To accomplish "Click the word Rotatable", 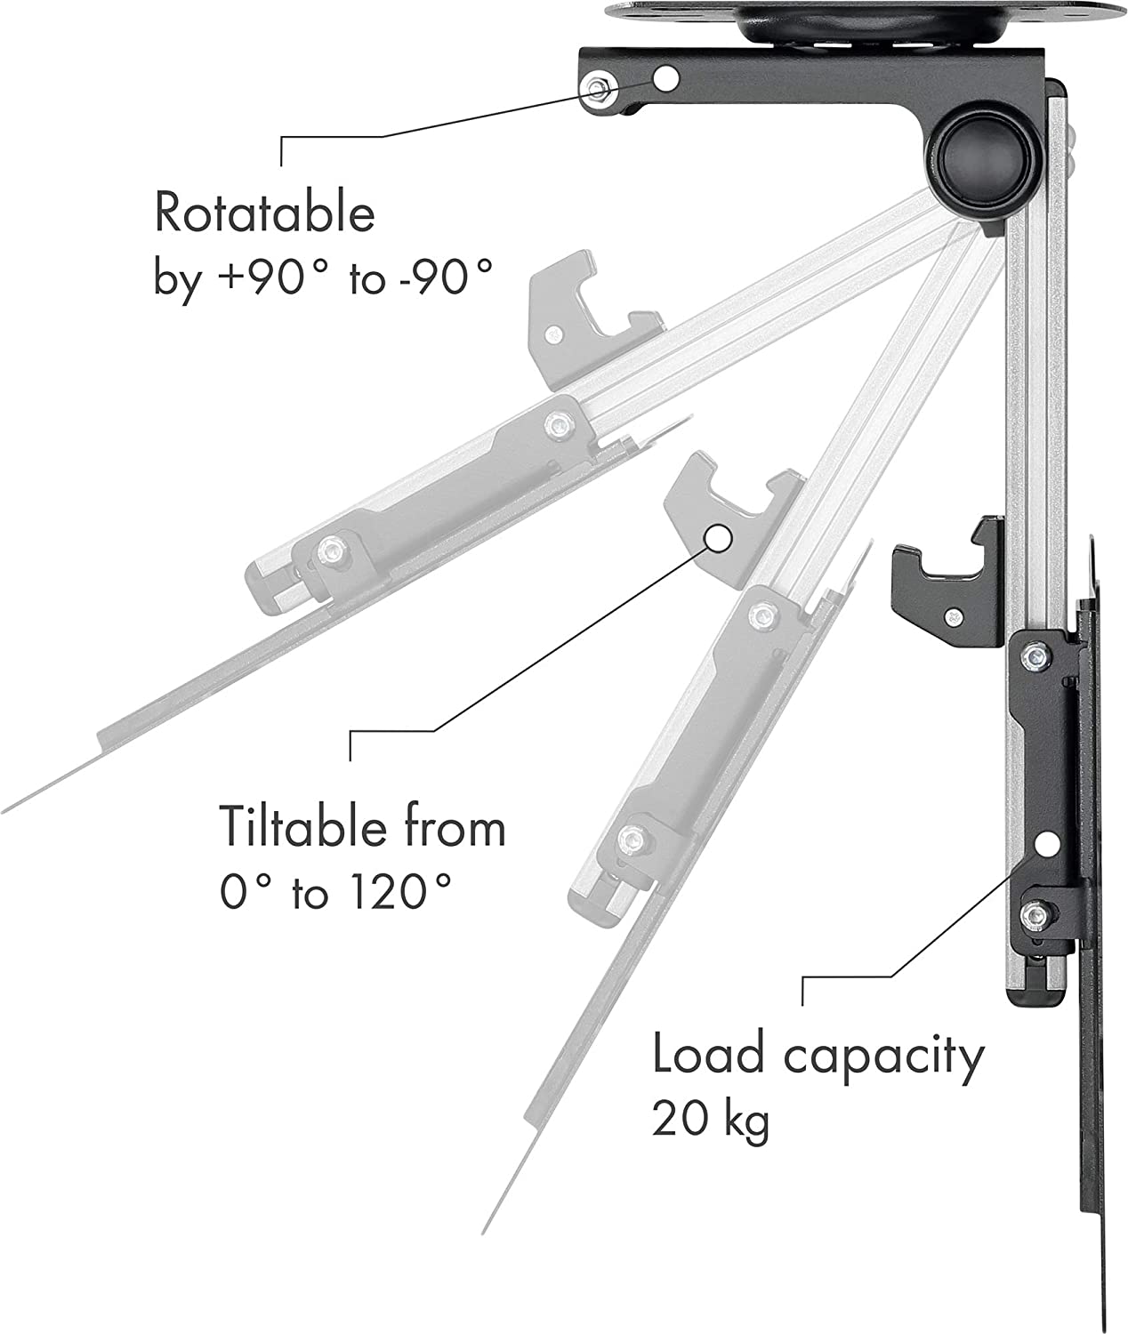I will [264, 213].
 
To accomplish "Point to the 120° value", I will [397, 891].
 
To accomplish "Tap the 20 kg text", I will [710, 1119].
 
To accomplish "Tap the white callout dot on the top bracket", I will [665, 79].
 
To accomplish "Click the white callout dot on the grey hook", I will [719, 537].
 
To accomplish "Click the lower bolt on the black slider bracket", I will [1033, 915].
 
